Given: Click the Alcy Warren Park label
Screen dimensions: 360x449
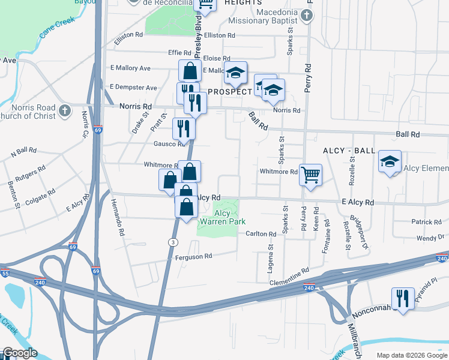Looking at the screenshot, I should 222,217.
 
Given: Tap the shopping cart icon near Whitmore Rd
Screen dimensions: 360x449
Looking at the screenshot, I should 310,175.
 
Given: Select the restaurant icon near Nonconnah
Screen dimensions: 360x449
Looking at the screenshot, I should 403,298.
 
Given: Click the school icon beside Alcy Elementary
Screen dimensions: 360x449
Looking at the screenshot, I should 390,161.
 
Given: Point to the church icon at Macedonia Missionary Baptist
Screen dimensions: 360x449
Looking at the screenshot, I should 307,15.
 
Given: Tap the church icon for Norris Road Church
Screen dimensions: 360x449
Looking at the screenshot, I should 65,111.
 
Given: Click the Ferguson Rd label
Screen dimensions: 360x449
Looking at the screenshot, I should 193,256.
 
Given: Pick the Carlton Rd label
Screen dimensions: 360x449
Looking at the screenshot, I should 260,233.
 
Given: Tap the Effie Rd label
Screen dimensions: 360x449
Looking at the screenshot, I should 163,52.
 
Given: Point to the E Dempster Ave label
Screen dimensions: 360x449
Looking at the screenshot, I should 133,87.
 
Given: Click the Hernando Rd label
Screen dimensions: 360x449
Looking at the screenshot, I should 118,217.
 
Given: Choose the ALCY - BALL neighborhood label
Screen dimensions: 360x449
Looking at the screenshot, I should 349,150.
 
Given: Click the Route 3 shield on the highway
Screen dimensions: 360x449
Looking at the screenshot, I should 172,241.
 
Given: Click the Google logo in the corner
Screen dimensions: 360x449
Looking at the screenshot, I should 19,353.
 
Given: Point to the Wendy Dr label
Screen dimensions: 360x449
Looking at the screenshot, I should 430,238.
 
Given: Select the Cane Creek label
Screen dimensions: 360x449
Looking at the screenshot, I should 56,28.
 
